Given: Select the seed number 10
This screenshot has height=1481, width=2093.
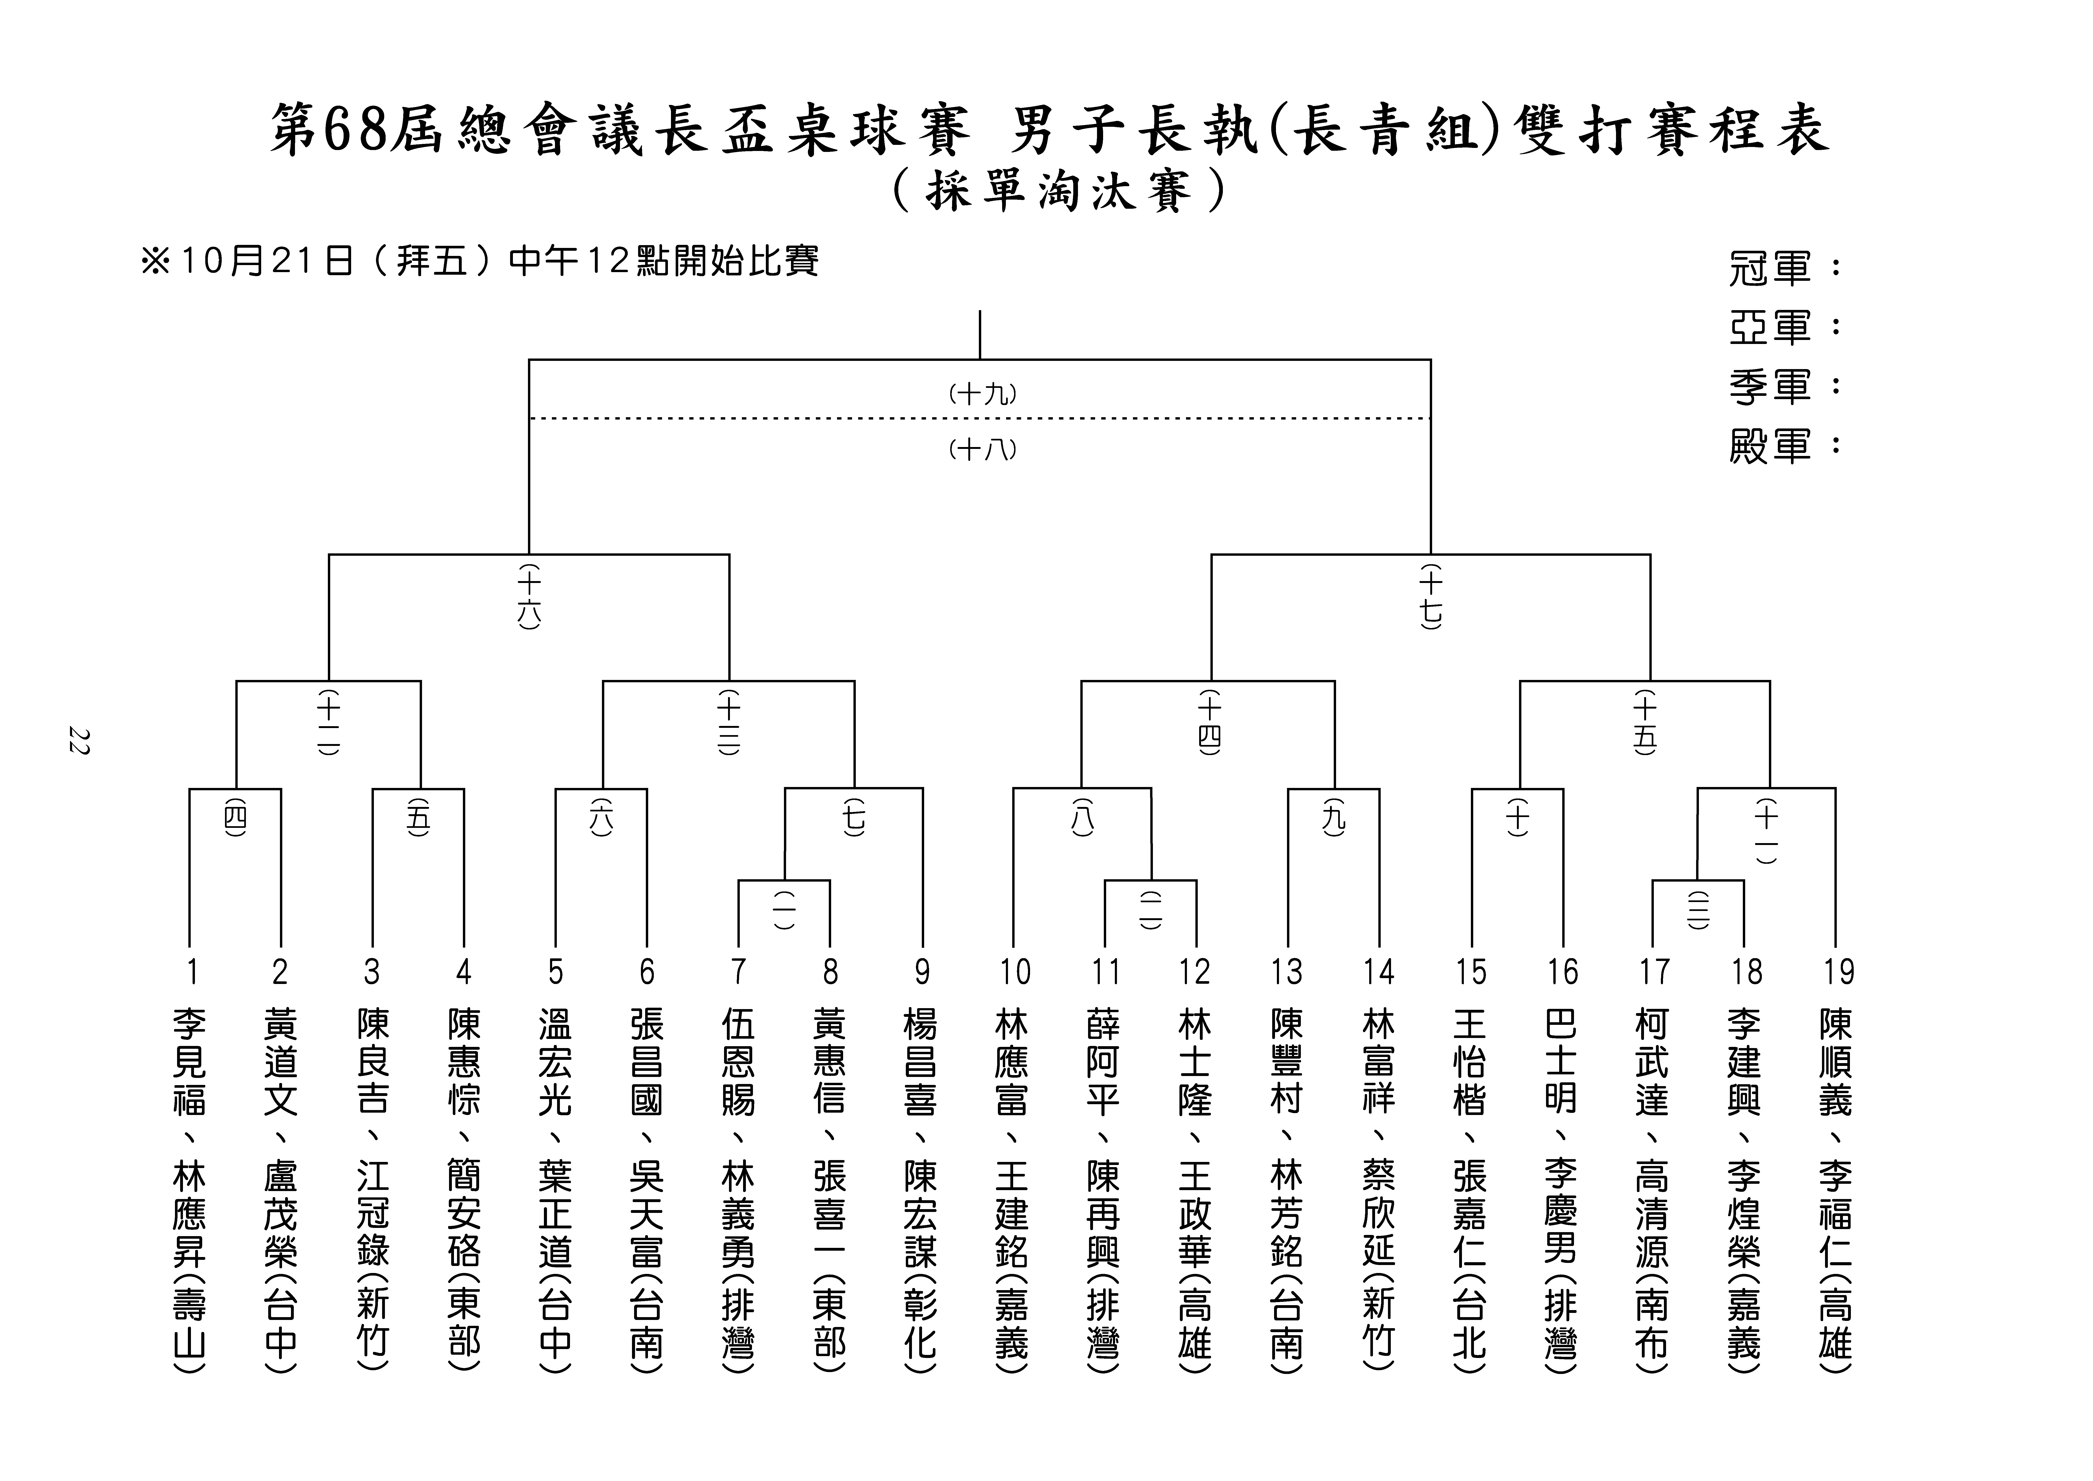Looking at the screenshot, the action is [x=1014, y=972].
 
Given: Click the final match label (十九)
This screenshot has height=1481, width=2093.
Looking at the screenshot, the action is [x=982, y=394].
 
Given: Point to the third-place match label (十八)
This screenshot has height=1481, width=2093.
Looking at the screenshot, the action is [x=982, y=450].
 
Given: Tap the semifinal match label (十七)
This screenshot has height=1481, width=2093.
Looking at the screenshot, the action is [x=1431, y=597].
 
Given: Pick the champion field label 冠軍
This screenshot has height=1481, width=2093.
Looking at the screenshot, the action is [x=1769, y=269].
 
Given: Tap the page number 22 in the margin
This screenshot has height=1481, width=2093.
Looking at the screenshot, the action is [x=78, y=740].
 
